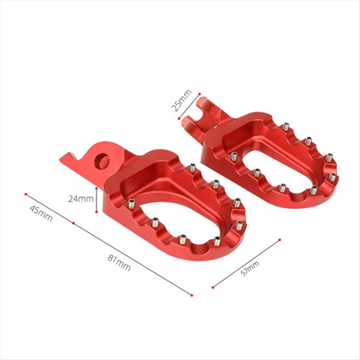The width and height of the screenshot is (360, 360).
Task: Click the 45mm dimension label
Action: point(41,213)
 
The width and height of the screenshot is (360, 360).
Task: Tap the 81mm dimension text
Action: point(119,263)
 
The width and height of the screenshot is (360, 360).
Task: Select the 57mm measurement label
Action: point(250,269)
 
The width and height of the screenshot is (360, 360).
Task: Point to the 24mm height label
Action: point(81,199)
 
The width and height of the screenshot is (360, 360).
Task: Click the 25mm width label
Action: point(181,100)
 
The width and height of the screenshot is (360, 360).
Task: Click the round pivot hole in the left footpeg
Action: point(102,161)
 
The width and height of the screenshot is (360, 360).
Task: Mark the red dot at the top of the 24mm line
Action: point(96,188)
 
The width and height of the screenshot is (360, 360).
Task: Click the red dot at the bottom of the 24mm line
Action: point(96,212)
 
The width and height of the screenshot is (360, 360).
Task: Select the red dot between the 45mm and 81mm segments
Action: point(73,223)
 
